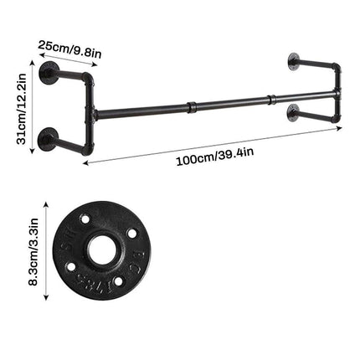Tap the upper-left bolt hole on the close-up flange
85,219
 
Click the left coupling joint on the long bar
191,106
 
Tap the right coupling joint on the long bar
270,100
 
